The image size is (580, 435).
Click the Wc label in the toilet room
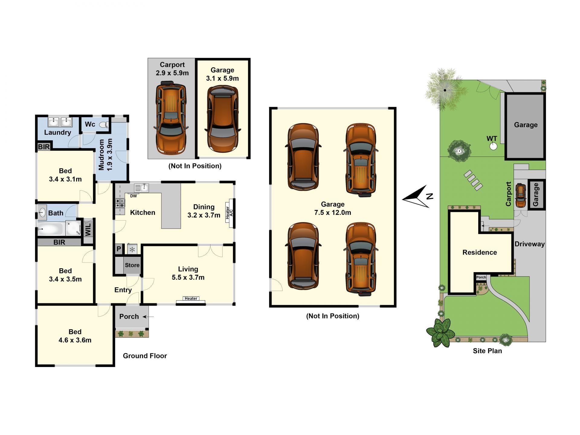pos(90,124)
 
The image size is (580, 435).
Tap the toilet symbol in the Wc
pos(104,125)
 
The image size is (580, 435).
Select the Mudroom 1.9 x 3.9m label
pos(105,155)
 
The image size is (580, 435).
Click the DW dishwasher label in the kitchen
pos(134,196)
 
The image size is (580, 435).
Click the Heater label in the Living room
pos(191,298)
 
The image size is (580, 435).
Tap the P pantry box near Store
pos(119,249)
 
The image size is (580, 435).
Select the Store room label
pos(132,265)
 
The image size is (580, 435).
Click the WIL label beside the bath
pos(88,229)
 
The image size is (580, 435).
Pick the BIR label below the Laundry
pos(44,147)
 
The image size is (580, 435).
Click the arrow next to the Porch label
pos(148,317)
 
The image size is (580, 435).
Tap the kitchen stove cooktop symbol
pos(120,203)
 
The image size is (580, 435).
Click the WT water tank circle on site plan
pos(493,147)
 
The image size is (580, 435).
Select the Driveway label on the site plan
pos(530,244)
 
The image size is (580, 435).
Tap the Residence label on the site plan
pos(480,252)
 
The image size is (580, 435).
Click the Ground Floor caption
pos(145,356)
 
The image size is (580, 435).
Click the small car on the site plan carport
pos(521,195)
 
